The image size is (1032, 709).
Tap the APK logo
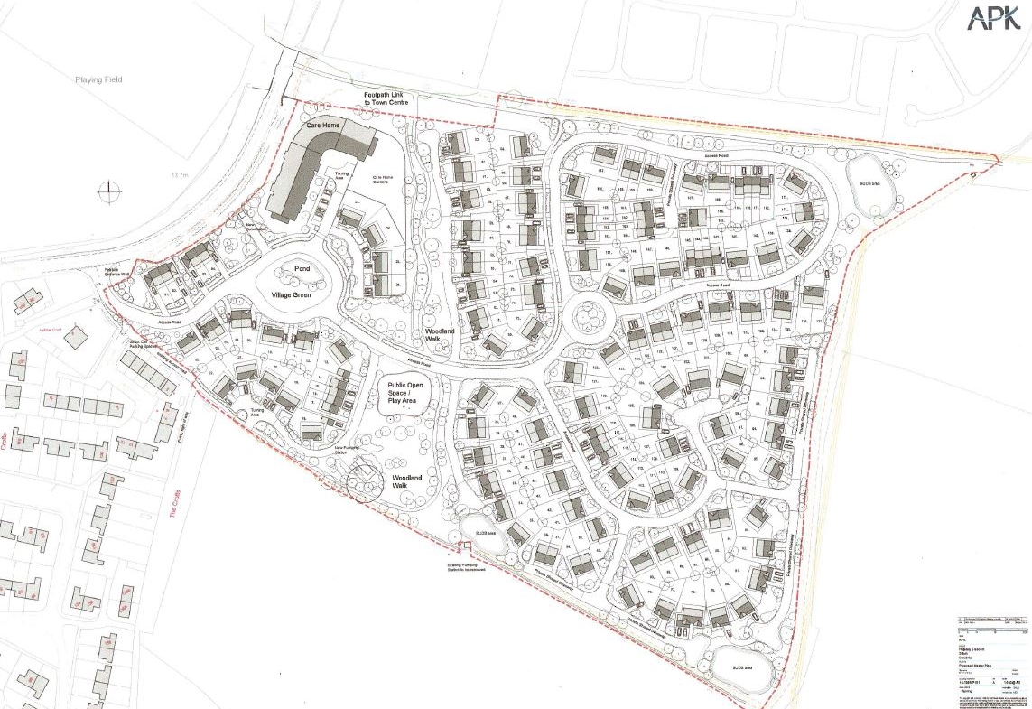pos(995,17)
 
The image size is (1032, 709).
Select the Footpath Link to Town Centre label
pos(386,99)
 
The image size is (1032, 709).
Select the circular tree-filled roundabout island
pos(590,317)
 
